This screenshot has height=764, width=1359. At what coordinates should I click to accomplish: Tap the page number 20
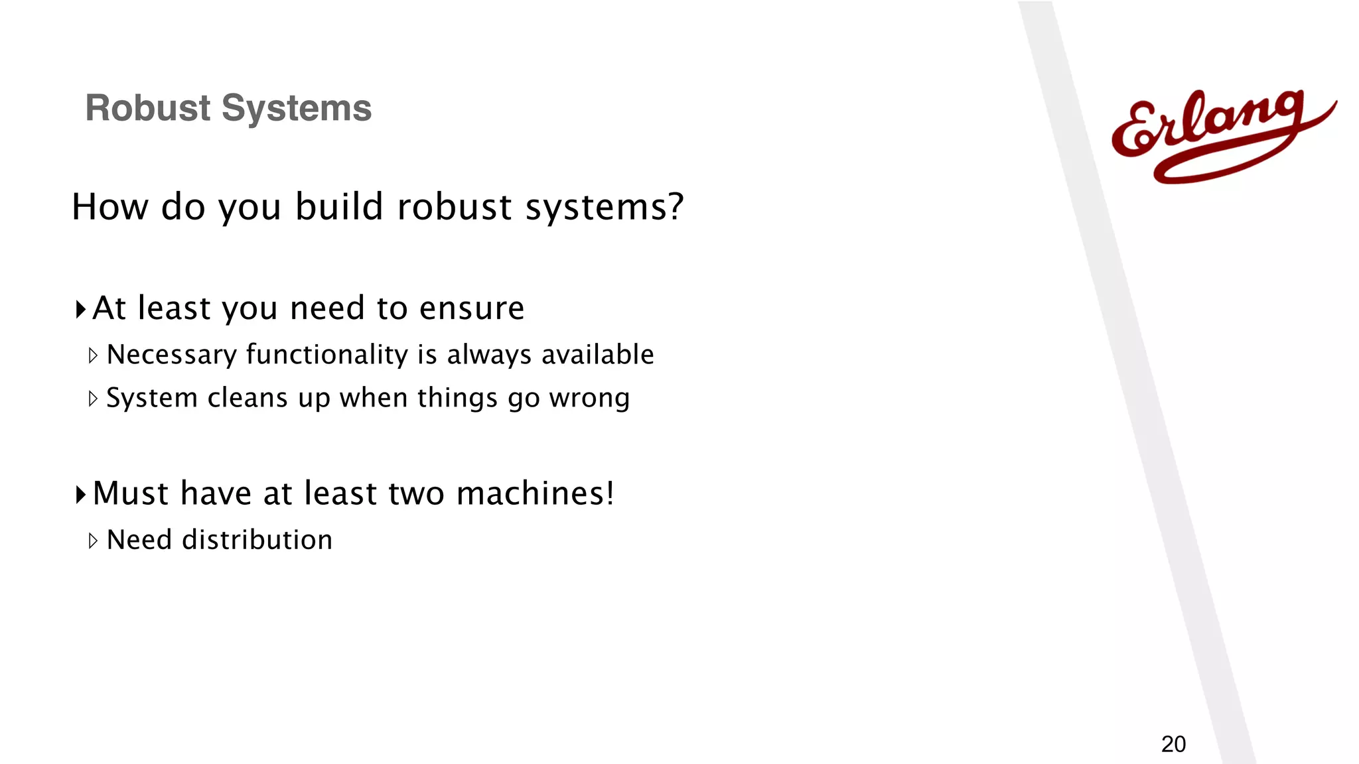click(x=1173, y=745)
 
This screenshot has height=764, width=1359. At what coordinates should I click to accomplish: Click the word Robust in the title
click(x=148, y=108)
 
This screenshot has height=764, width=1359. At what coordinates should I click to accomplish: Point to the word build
click(x=339, y=206)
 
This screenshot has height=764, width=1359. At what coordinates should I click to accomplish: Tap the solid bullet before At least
click(x=80, y=309)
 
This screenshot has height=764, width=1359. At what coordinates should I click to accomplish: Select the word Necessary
click(x=171, y=355)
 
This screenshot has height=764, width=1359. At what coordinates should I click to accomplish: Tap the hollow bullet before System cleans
click(x=93, y=399)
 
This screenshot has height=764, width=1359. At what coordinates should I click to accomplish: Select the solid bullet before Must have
click(x=80, y=494)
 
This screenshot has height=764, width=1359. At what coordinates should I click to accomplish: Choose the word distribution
click(x=257, y=540)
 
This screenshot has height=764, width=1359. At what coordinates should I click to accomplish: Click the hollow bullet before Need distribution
click(x=93, y=541)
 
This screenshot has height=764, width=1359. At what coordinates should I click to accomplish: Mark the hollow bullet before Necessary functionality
click(x=93, y=355)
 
